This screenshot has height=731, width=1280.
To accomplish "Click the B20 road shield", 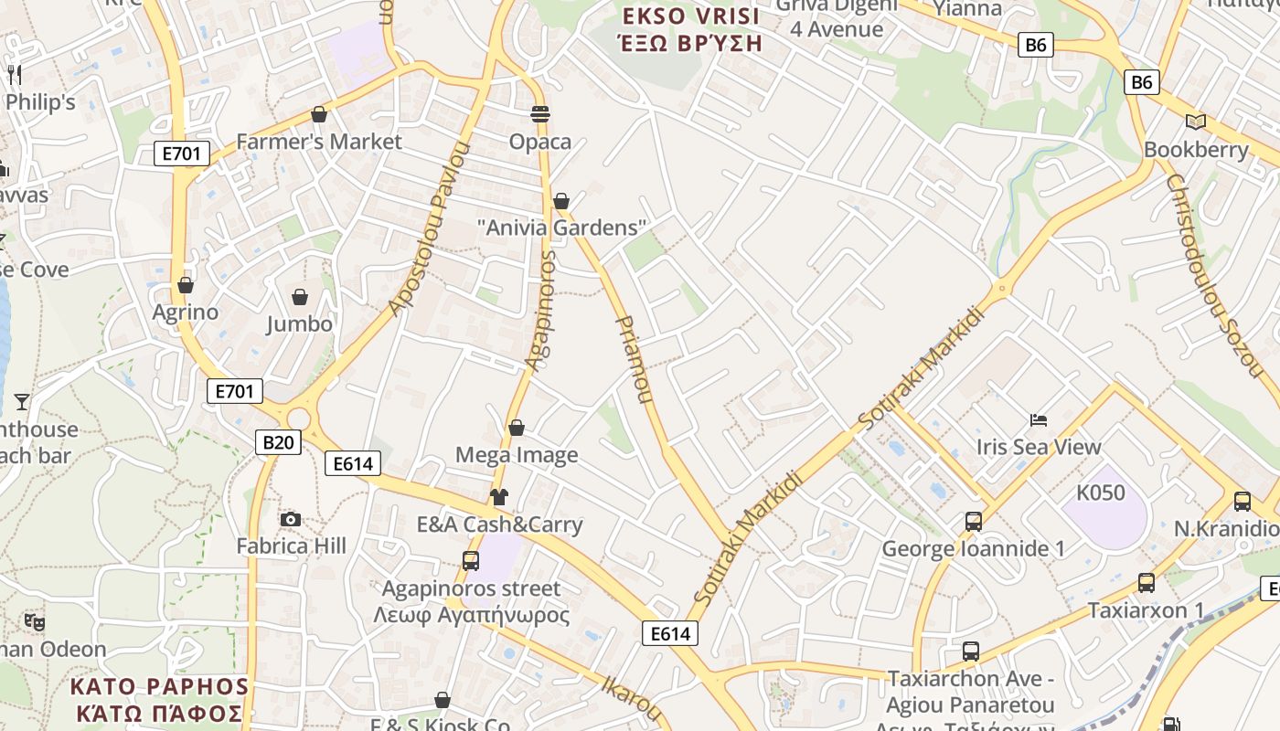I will (278, 443).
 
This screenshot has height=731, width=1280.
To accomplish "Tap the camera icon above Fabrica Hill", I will (291, 519).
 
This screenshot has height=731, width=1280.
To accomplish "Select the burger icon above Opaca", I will (540, 114).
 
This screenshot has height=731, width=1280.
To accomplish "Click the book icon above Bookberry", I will (1195, 122).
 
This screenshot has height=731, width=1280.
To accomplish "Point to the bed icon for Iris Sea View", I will (1039, 420).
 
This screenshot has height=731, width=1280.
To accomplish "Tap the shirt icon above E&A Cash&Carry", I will (498, 497).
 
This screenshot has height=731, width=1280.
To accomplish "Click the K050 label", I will (1100, 493).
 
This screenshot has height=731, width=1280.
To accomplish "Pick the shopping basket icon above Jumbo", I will (299, 297).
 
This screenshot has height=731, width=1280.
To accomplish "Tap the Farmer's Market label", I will (318, 142).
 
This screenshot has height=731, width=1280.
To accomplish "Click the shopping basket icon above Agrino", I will (186, 285).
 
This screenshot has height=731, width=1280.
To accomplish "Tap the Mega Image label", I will (517, 455).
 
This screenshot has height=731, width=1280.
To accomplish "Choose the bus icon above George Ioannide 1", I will (974, 522).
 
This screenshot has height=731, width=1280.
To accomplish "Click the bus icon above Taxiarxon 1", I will (1147, 583).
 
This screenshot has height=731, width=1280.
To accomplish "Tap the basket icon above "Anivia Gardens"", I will (561, 201).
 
